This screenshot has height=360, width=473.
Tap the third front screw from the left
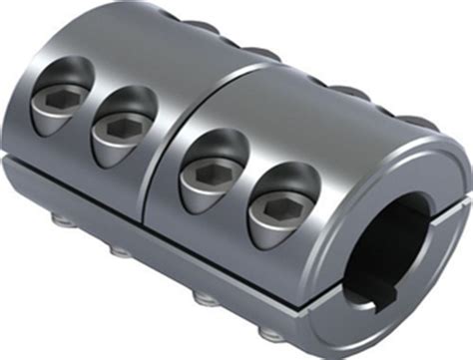[213, 159]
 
